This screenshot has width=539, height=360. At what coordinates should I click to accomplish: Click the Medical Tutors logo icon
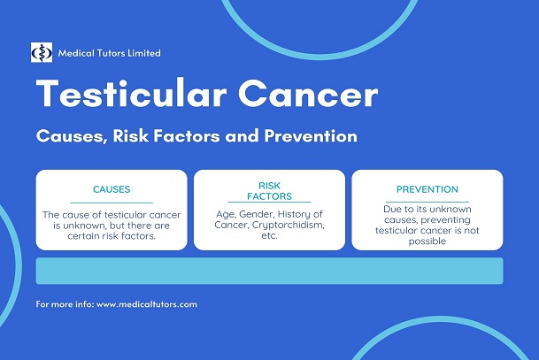pyautogui.click(x=42, y=52)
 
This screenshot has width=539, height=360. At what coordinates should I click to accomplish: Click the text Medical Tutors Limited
pyautogui.click(x=109, y=52)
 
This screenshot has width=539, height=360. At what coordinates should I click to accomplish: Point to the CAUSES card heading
pyautogui.click(x=112, y=189)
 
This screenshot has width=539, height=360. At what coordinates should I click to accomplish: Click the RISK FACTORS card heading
pyautogui.click(x=269, y=190)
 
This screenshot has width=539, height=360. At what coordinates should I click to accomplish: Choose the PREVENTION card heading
pyautogui.click(x=427, y=189)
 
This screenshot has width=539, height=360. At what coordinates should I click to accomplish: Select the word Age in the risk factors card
pyautogui.click(x=227, y=215)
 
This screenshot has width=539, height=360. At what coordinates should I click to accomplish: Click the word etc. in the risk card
pyautogui.click(x=269, y=238)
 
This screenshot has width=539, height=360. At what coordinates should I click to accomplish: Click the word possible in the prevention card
pyautogui.click(x=427, y=240)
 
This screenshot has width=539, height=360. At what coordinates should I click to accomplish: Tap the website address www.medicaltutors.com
pyautogui.click(x=146, y=304)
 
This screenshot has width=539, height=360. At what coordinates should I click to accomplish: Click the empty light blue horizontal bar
pyautogui.click(x=269, y=271)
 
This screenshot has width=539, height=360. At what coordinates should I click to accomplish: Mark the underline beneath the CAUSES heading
pyautogui.click(x=112, y=203)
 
